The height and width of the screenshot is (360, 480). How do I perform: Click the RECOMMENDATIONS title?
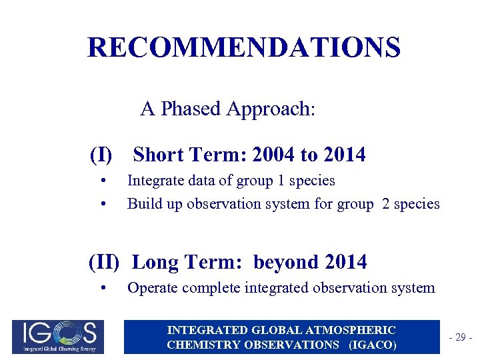(244, 47)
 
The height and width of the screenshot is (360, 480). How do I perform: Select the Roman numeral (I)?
(101, 155)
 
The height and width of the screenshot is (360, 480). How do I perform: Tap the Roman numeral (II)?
(104, 262)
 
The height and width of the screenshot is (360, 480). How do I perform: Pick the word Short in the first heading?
(158, 155)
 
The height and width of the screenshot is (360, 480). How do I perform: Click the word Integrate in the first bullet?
(153, 181)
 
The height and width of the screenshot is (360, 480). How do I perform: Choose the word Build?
(141, 203)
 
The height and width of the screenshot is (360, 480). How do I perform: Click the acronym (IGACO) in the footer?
(370, 345)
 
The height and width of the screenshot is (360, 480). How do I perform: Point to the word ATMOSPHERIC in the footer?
(357, 330)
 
